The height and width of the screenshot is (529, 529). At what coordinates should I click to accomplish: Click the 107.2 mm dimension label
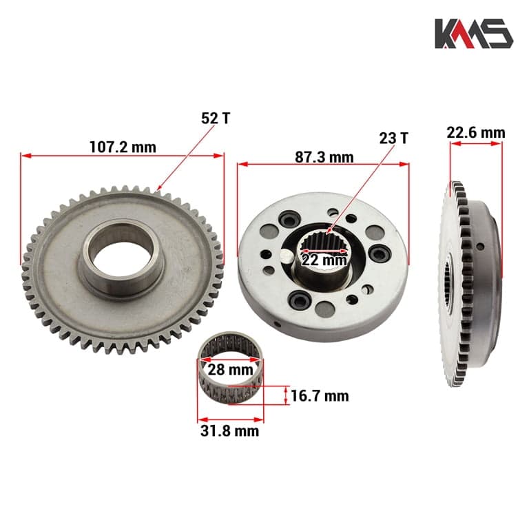[x=123, y=147]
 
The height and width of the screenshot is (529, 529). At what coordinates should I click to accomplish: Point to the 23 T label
[x=393, y=138]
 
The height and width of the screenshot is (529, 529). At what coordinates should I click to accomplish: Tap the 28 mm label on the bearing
[x=230, y=371]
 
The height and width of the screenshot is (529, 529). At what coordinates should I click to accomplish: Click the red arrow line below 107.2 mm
[x=123, y=156]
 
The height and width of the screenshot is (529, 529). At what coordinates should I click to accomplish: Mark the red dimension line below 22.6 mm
[x=475, y=143]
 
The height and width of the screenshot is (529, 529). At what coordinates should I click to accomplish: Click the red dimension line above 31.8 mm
[x=230, y=417]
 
